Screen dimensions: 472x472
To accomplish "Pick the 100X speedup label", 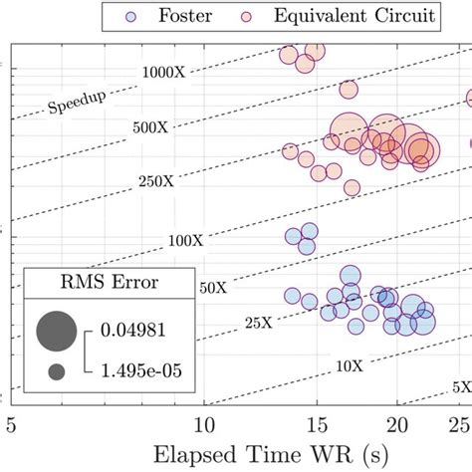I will click(185, 240).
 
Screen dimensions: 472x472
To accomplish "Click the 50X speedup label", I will click(212, 287).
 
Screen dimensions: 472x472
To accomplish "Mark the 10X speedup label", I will click(349, 366).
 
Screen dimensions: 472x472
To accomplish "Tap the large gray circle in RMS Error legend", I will click(57, 330).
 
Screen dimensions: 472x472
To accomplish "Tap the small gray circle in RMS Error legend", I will click(57, 371).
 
